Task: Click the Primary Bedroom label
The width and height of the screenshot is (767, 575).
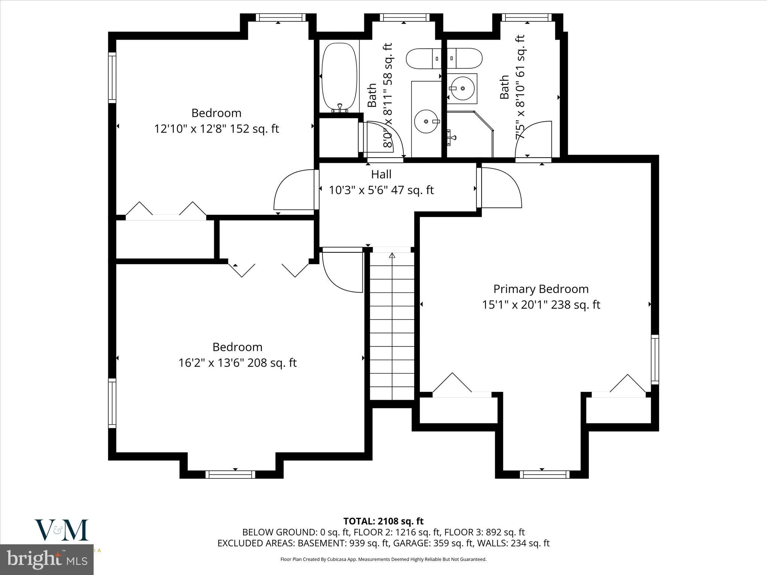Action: click(x=541, y=289)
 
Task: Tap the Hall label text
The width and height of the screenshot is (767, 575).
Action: click(x=381, y=174)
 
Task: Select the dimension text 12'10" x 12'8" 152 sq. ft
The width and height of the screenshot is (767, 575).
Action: click(x=216, y=129)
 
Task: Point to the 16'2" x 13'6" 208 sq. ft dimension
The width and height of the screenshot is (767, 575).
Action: click(x=237, y=363)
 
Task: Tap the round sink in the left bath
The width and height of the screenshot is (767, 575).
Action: click(x=427, y=121)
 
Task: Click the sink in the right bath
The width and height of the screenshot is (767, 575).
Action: click(x=462, y=89)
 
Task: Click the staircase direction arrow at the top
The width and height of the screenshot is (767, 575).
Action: click(x=392, y=256)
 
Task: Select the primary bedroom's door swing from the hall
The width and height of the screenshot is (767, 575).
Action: click(x=501, y=188)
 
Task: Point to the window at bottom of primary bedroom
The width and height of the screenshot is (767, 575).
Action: click(x=545, y=474)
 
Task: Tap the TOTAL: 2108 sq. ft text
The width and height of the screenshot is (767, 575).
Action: click(x=383, y=521)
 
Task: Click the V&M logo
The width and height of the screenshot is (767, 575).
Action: click(x=62, y=530)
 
